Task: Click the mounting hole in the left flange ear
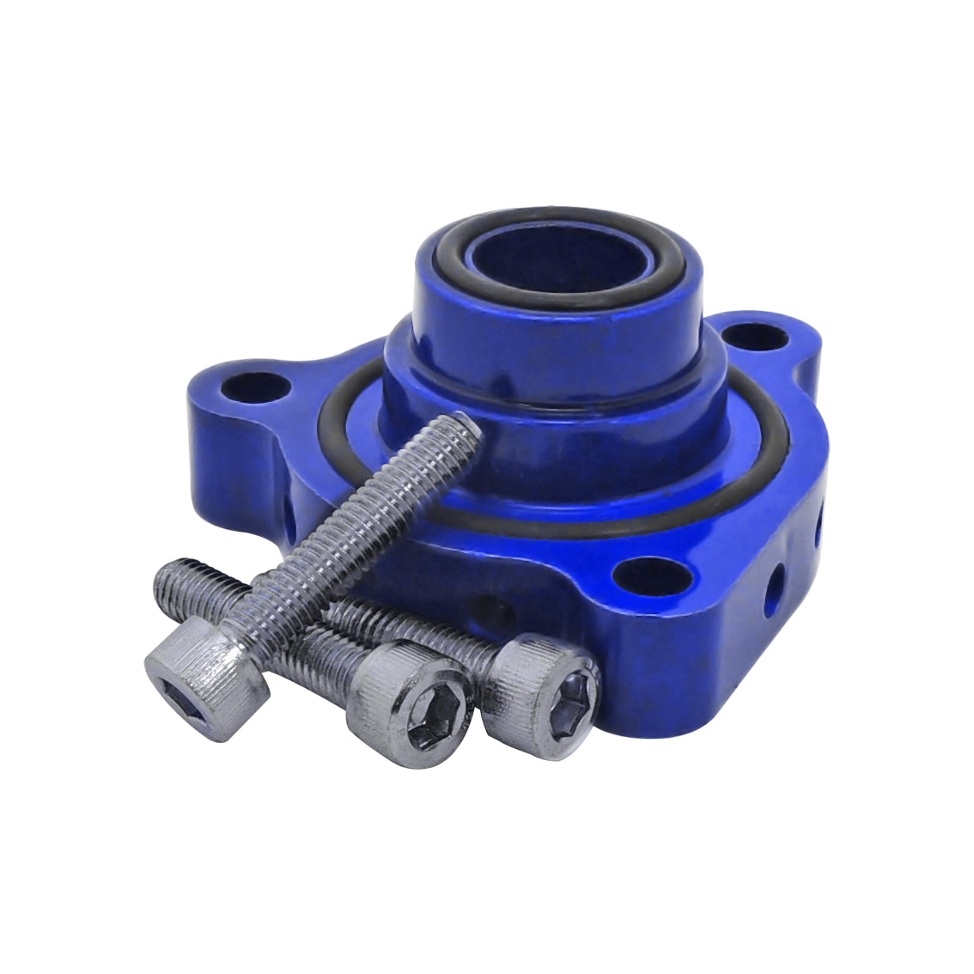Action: pos(253,388)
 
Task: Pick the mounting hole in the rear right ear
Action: pos(756,337)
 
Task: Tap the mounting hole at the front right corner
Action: pos(654,574)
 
